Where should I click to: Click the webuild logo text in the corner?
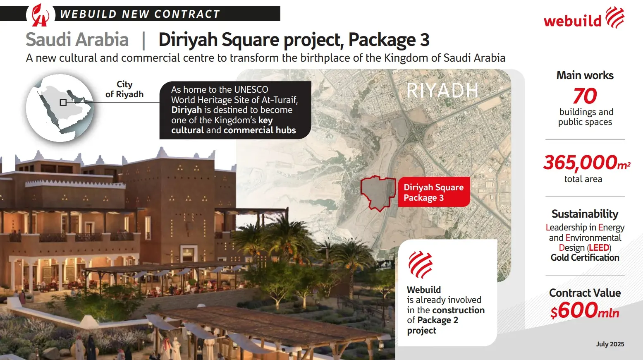coord(572,20)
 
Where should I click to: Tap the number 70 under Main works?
coord(585,96)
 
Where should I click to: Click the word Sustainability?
coord(585,214)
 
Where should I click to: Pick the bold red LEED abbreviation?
coord(599,247)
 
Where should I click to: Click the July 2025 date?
coord(610,344)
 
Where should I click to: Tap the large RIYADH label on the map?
coord(442,91)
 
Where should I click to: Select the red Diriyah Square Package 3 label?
coord(434,192)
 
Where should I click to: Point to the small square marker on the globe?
coord(63,102)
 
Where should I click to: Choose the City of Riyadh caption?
coord(124,89)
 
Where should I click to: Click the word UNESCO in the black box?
coord(251,89)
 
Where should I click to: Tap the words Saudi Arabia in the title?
coord(77,39)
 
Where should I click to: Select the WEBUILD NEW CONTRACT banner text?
coord(140,14)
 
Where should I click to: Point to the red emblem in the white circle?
coord(40,15)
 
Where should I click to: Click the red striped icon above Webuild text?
coord(421,264)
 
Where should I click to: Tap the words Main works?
coord(585,75)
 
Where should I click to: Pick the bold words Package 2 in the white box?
coord(438,320)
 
